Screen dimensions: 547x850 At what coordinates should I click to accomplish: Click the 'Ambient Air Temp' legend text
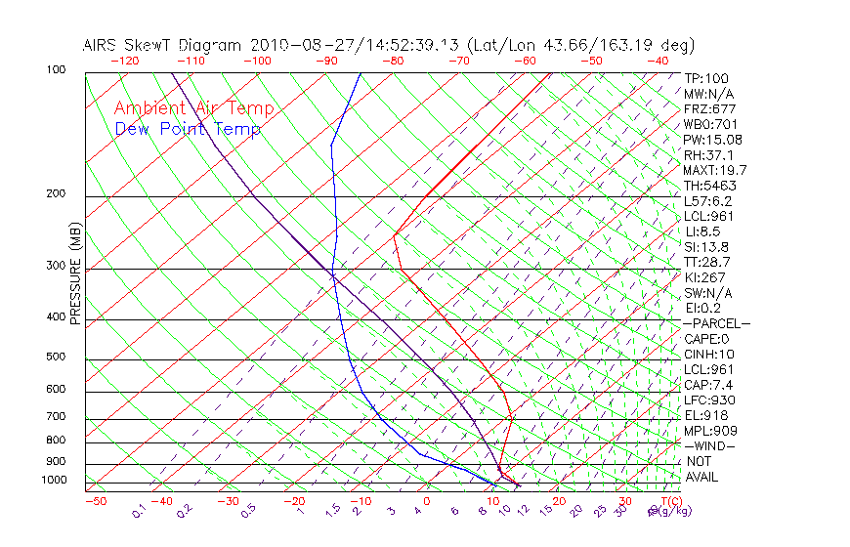point(193,108)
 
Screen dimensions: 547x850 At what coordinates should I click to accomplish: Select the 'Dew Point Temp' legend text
point(188,129)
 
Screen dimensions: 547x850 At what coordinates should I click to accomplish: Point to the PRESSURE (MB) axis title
point(75,273)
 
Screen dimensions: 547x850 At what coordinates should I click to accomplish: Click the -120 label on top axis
point(124,61)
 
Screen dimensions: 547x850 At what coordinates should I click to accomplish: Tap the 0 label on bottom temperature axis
point(427,501)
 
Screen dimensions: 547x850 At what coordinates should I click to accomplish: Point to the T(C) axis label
point(664,501)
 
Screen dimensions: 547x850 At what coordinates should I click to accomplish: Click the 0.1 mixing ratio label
point(139,511)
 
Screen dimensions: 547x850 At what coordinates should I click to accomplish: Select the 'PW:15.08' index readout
point(713,140)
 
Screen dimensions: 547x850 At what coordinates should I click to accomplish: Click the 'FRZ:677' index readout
point(710,108)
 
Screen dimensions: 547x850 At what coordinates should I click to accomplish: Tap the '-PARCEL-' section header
point(716,323)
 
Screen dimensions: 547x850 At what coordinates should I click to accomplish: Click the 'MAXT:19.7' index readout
point(716,170)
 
